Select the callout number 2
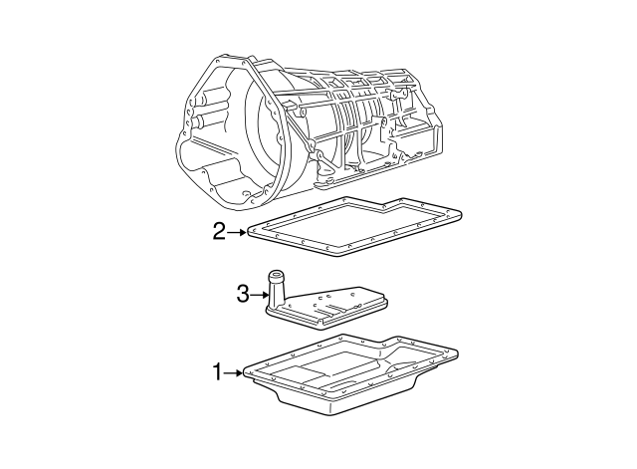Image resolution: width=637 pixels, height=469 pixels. coord(220,233)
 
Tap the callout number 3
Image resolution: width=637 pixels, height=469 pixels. coord(241,294)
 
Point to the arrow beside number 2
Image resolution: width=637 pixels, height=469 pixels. coord(239,233)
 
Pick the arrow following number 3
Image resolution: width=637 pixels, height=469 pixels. coord(260,294)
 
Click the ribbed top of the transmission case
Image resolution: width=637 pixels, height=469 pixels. coord(348,80)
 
